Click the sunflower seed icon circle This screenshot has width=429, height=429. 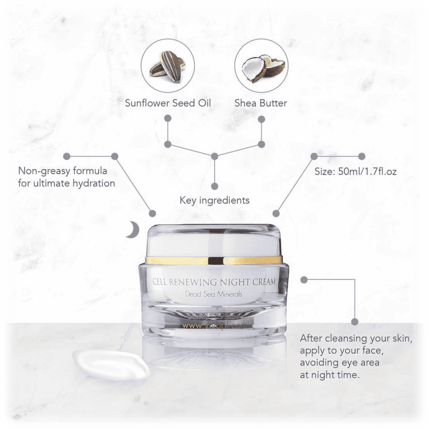pos(168,67)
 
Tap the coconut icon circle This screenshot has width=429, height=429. pos(261,67)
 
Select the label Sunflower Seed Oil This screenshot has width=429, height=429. pos(168,103)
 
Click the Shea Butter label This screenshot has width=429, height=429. pos(261,103)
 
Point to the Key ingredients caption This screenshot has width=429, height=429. pos(214,200)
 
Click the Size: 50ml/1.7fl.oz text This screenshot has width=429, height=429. pos(355,171)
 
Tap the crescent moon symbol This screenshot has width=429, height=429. pos(132,230)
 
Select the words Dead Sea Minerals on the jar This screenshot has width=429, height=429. pos(211,295)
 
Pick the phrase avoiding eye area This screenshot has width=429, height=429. pos(339,362)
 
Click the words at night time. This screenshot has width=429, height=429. pos(330,375)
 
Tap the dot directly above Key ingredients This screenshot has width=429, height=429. pos(214,186)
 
